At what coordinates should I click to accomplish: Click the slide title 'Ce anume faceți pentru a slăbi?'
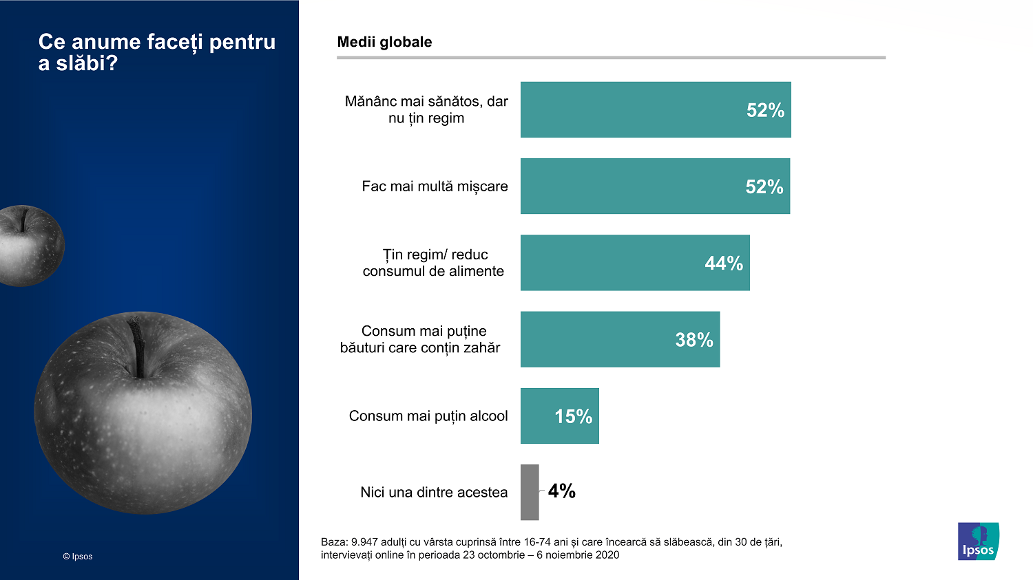click(156, 52)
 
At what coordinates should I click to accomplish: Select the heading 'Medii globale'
click(384, 42)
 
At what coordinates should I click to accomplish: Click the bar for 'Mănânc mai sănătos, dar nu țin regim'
click(655, 109)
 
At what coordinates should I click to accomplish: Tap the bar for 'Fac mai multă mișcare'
click(654, 186)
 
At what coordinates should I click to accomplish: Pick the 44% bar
click(634, 263)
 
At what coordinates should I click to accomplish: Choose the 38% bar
click(620, 339)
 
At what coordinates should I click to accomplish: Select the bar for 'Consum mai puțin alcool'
click(559, 416)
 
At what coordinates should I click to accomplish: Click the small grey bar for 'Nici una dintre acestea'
click(530, 492)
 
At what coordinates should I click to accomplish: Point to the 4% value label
click(561, 491)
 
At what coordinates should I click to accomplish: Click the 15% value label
click(573, 416)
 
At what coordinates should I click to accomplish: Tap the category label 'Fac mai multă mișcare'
click(435, 186)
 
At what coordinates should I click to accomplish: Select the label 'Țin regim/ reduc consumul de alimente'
click(433, 263)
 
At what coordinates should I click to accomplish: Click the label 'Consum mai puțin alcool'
click(428, 416)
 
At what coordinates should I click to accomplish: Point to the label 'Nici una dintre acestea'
click(434, 493)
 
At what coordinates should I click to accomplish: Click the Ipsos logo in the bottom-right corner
click(978, 541)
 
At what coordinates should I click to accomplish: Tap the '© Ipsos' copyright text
click(77, 557)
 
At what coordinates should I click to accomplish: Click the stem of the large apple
click(138, 347)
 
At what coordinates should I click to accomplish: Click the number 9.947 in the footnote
click(364, 542)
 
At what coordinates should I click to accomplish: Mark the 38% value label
click(693, 340)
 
